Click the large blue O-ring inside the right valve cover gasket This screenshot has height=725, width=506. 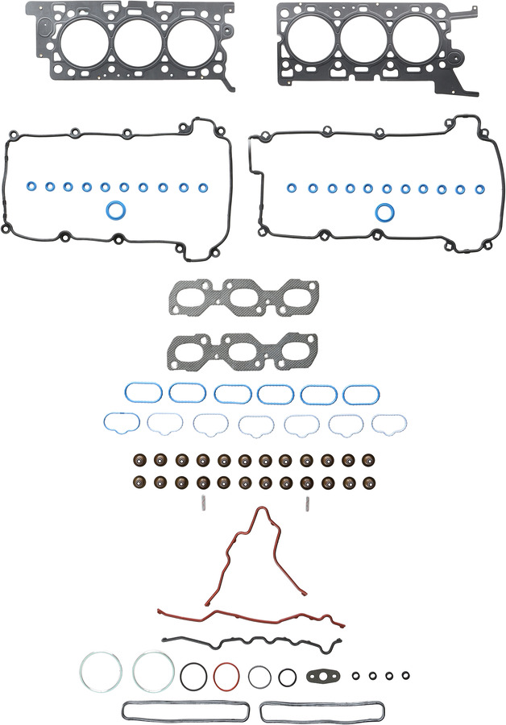[x=386, y=212]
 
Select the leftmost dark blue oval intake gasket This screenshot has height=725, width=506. [x=143, y=392]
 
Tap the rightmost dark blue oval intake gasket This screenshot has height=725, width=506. [x=361, y=393]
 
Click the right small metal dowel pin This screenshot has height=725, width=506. [x=308, y=505]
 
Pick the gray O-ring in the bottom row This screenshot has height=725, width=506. [x=259, y=677]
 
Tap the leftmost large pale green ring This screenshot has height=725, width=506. [x=101, y=670]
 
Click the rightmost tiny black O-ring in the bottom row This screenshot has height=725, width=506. [x=408, y=675]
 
